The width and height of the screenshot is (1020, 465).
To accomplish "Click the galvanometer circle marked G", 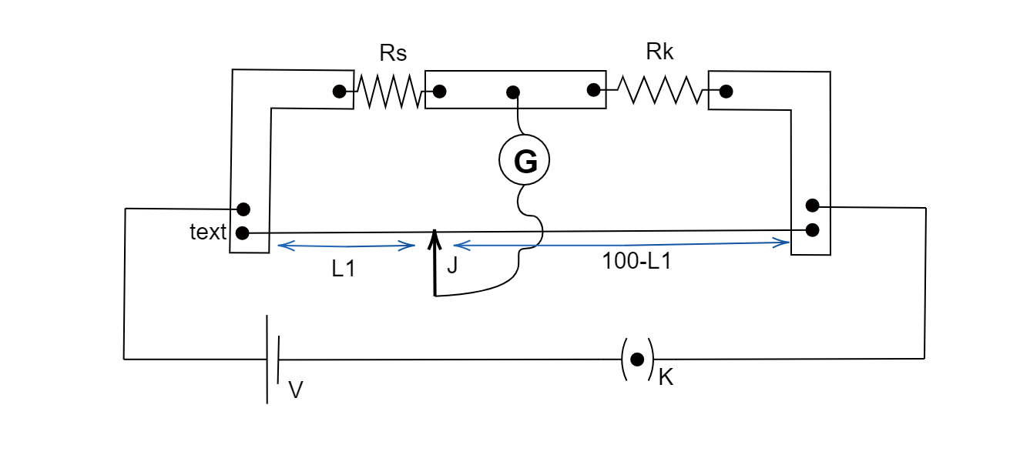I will pyautogui.click(x=525, y=162).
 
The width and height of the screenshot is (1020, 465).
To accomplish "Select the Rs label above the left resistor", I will pyautogui.click(x=393, y=53).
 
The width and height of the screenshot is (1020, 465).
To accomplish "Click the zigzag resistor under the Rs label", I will pyautogui.click(x=389, y=92).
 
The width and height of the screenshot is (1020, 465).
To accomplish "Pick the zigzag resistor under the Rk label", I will pyautogui.click(x=662, y=90).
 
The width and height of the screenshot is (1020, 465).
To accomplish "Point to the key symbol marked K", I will pyautogui.click(x=637, y=359).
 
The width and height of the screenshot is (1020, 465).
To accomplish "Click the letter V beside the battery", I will pyautogui.click(x=295, y=390).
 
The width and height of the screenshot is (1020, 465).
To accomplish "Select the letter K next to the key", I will pyautogui.click(x=666, y=378).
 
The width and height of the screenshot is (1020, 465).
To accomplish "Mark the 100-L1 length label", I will pyautogui.click(x=636, y=261).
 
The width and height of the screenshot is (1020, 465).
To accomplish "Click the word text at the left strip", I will pyautogui.click(x=208, y=232).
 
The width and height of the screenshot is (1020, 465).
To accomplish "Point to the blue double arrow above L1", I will pyautogui.click(x=346, y=246).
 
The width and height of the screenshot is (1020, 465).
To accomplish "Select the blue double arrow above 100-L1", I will pyautogui.click(x=621, y=243).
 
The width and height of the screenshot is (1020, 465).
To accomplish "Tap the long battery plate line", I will pyautogui.click(x=267, y=359).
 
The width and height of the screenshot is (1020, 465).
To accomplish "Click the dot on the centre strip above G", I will pyautogui.click(x=512, y=92).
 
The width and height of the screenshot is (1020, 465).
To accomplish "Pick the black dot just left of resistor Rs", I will pyautogui.click(x=339, y=92).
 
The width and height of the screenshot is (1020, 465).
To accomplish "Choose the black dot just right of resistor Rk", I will pyautogui.click(x=725, y=92).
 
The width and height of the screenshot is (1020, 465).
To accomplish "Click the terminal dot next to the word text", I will pyautogui.click(x=243, y=232).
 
